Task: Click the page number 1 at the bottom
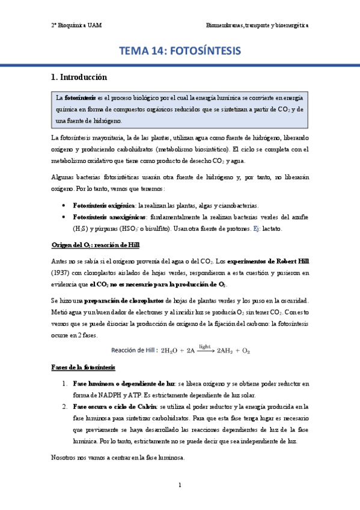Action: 179,485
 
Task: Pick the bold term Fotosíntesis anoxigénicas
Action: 109,217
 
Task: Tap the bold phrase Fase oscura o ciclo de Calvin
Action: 115,405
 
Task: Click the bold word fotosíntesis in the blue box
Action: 80,97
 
